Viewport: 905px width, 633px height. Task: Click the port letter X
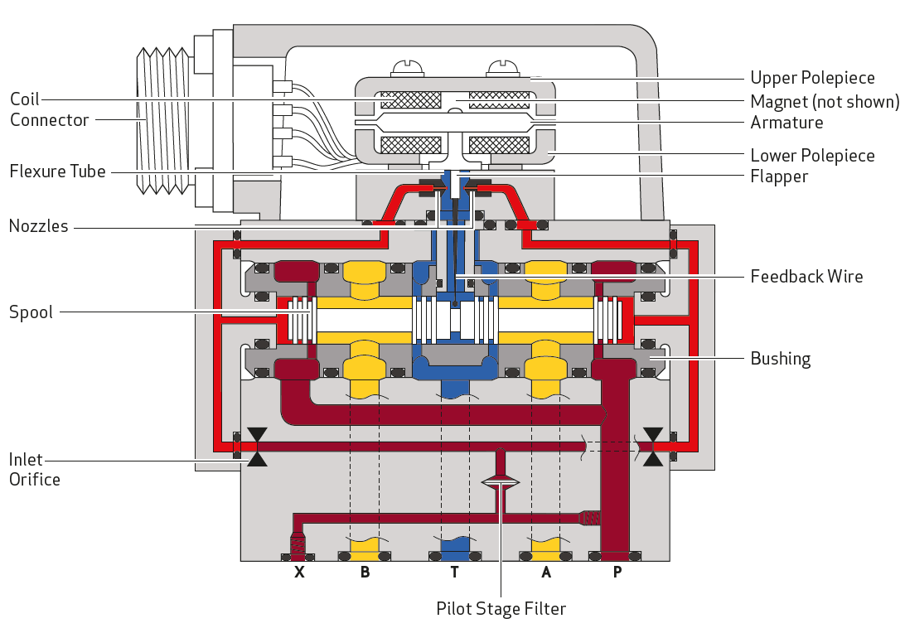[x=299, y=572]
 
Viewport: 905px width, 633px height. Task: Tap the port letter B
[x=365, y=572]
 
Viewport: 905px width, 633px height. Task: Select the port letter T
[x=455, y=572]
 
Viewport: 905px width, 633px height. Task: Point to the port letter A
[x=546, y=572]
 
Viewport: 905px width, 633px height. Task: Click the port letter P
[x=617, y=572]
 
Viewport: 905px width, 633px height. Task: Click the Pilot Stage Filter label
[x=501, y=609]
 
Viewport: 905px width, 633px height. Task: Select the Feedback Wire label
[x=806, y=277]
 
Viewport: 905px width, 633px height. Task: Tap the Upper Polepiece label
[x=812, y=78]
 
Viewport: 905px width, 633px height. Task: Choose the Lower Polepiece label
[x=812, y=156]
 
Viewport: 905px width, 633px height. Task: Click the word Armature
[x=786, y=123]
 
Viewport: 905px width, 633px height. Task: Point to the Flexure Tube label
[x=58, y=172]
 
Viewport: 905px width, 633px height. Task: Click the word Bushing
[x=781, y=359]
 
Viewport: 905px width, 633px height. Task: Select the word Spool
[x=31, y=312]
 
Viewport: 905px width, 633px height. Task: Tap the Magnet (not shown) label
[x=825, y=102]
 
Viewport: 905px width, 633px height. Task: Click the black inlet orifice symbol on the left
[x=257, y=447]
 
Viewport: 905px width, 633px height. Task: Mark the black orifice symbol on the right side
[x=653, y=447]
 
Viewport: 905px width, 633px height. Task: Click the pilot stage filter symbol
[x=501, y=482]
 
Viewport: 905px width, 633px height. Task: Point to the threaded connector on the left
[x=162, y=121]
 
